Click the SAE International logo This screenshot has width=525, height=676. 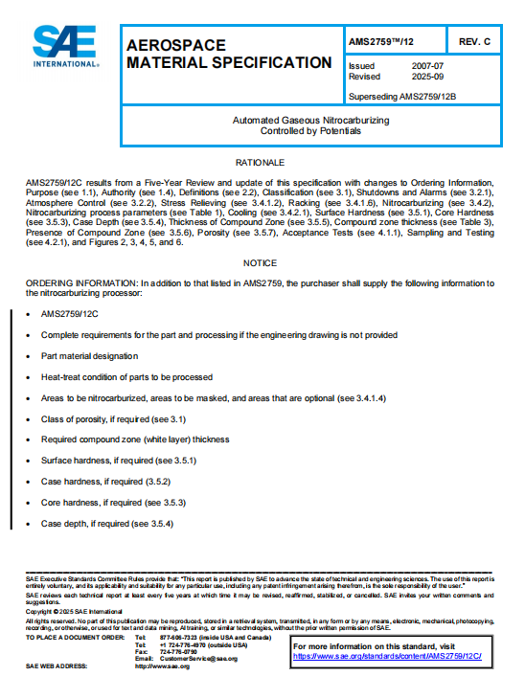[65, 46]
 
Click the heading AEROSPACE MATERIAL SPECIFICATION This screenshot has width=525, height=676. [229, 54]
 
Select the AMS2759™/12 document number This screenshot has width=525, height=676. [383, 40]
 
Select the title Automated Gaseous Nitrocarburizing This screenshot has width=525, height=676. [311, 121]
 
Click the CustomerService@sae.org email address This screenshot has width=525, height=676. [199, 658]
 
